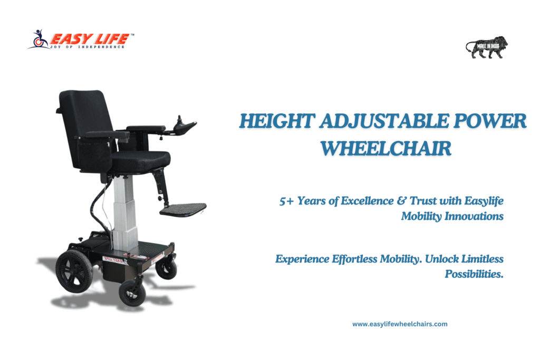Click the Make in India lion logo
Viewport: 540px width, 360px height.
click(487, 47)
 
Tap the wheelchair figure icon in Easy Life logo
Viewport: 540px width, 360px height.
click(39, 39)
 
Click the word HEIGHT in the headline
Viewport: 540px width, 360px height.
click(277, 121)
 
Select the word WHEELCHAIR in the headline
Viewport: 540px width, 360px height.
click(385, 149)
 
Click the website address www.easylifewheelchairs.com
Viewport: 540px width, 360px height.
click(400, 324)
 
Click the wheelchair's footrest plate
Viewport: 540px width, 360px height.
click(183, 209)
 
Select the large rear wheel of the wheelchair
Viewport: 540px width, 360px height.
click(74, 271)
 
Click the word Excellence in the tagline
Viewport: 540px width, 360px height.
click(367, 201)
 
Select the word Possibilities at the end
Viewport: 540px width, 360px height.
click(474, 274)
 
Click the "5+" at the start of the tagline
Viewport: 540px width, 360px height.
click(286, 201)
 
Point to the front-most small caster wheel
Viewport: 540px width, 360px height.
click(132, 293)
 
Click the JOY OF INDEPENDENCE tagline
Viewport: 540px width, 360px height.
click(88, 47)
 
